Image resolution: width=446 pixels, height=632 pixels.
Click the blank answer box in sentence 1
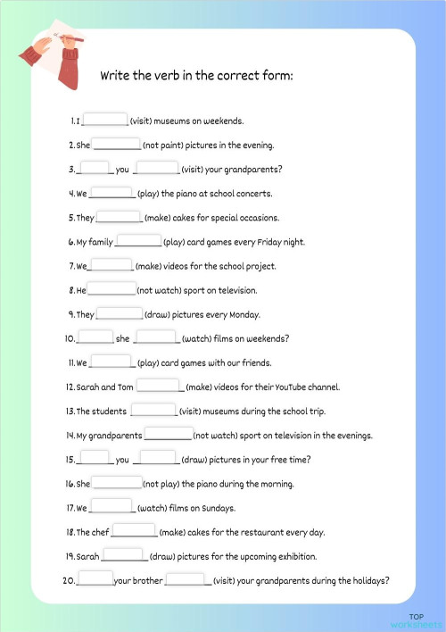pos(105,120)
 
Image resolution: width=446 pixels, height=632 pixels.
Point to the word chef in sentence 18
pos(100,532)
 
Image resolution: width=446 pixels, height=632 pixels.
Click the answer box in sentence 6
pos(138,241)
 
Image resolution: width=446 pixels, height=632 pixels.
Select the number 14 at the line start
pos(70,436)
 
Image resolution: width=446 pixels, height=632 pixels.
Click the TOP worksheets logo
pos(417,621)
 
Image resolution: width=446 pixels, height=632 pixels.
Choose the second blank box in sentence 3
pos(156,168)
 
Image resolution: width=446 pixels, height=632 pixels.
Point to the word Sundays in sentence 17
pos(219,508)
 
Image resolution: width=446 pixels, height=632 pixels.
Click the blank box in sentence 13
pos(153,411)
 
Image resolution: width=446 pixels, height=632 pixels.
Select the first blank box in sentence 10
pos(96,337)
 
